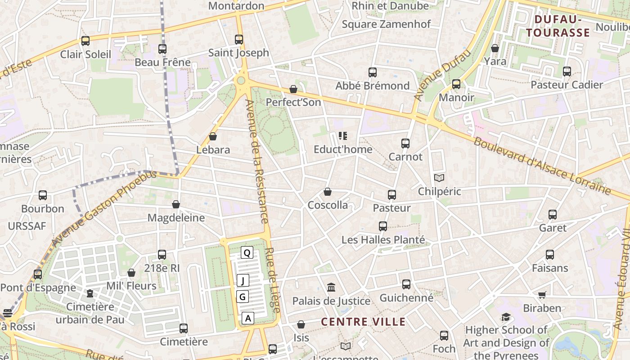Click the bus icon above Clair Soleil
[x=85, y=41]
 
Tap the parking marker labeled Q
[x=247, y=252]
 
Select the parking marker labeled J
[x=243, y=281]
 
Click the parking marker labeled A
[x=247, y=318]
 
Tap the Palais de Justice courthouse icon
[x=331, y=287]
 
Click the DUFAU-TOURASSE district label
[x=558, y=26]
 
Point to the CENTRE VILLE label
[x=364, y=322]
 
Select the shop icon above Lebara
[x=213, y=136]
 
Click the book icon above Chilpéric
[x=439, y=178]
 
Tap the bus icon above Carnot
[x=405, y=144]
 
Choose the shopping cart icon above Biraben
[x=542, y=295]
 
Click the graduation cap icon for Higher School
[x=506, y=317]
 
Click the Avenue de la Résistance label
[x=257, y=161]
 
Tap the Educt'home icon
[x=343, y=136]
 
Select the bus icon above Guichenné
[x=406, y=284]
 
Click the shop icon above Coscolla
[x=328, y=192]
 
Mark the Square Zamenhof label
[x=386, y=24]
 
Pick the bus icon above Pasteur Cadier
[x=567, y=72]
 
